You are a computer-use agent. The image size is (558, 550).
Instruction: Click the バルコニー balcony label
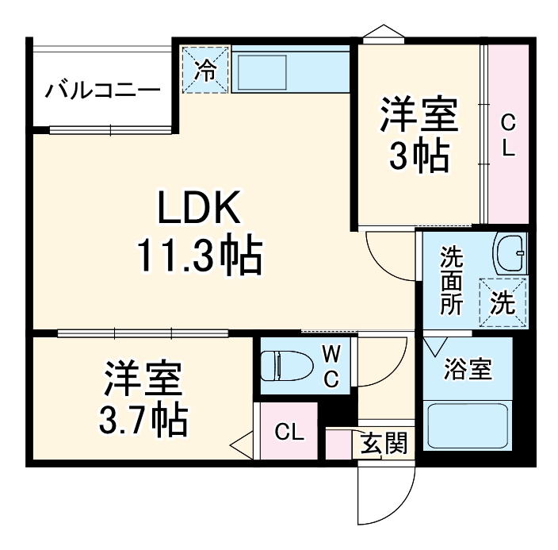click(101, 89)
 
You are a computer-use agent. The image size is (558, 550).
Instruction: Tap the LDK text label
click(198, 211)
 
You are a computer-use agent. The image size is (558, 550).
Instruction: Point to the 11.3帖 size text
click(198, 256)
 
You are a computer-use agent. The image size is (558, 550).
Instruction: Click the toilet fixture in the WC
click(285, 365)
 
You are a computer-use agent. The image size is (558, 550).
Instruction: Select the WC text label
click(331, 365)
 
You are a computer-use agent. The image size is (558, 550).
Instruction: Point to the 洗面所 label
click(453, 282)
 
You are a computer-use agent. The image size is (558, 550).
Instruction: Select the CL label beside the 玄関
click(289, 433)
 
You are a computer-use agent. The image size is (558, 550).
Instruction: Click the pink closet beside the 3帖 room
click(508, 135)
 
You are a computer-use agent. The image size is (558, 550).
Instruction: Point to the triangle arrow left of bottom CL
click(242, 444)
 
